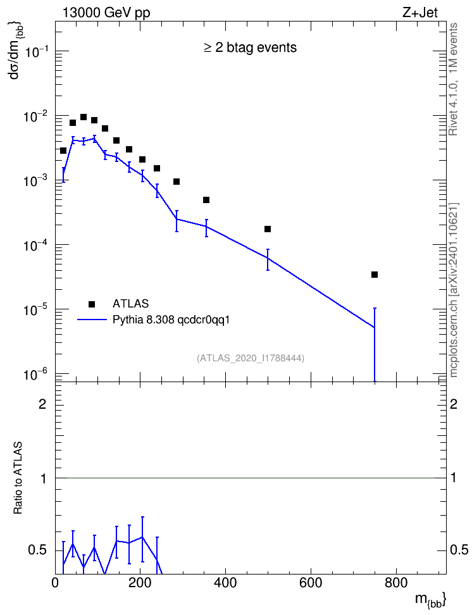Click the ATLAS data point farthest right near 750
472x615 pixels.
tap(375, 275)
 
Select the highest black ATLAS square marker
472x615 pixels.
tap(84, 117)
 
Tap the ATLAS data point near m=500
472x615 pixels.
tap(268, 229)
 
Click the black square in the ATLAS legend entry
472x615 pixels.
tap(92, 304)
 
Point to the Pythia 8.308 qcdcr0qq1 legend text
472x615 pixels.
tap(171, 320)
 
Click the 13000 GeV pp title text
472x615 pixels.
tap(106, 13)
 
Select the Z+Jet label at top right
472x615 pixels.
tap(420, 13)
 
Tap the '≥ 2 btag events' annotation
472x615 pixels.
tap(251, 47)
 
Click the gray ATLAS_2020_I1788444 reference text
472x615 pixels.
tap(251, 357)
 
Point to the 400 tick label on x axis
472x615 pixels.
tap(225, 583)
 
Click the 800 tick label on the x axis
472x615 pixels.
tap(396, 583)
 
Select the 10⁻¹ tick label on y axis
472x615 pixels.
tap(35, 51)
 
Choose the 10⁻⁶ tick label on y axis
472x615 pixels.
tap(35, 374)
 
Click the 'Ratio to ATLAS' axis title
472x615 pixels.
tap(18, 478)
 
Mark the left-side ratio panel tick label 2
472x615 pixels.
tap(42, 404)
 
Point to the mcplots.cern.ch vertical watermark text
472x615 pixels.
tap(454, 290)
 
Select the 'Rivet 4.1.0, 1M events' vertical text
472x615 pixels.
tap(454, 79)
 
